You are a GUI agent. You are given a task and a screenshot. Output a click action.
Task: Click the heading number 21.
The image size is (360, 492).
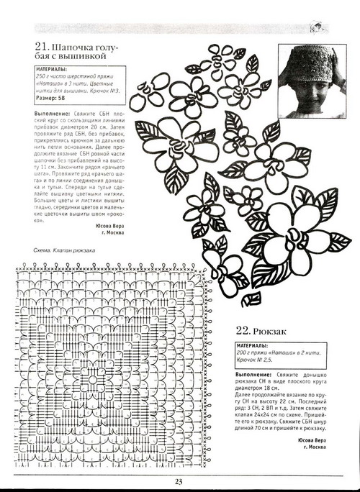[41, 49]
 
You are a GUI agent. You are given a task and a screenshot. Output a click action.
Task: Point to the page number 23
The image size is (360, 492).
[179, 482]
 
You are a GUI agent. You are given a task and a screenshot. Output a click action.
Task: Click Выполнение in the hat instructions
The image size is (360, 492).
[53, 114]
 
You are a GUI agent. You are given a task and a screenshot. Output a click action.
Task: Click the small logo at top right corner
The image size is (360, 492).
[315, 27]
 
